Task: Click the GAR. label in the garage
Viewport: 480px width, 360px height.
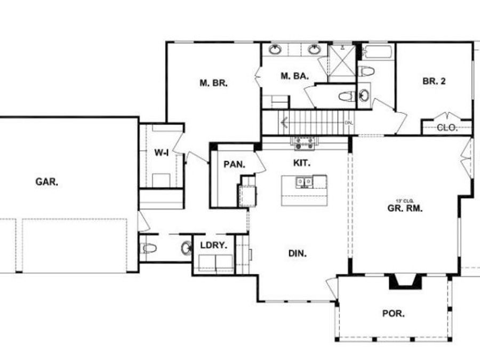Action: [47, 182]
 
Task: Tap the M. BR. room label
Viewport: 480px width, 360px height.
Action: [213, 83]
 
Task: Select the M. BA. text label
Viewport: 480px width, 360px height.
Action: [294, 76]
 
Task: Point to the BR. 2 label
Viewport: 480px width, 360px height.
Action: [434, 81]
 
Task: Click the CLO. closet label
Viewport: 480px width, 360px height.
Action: [446, 127]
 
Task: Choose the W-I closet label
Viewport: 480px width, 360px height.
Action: [162, 153]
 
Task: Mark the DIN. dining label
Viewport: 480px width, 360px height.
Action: [297, 254]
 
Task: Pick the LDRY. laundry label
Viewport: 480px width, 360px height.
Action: [213, 246]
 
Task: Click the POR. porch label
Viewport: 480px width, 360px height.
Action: [393, 313]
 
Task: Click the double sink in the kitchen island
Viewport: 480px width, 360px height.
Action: [305, 182]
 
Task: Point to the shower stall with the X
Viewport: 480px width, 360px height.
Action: [341, 62]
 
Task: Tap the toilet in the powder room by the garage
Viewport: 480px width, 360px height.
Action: [148, 248]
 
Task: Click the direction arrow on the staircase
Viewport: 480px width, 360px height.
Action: [285, 123]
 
